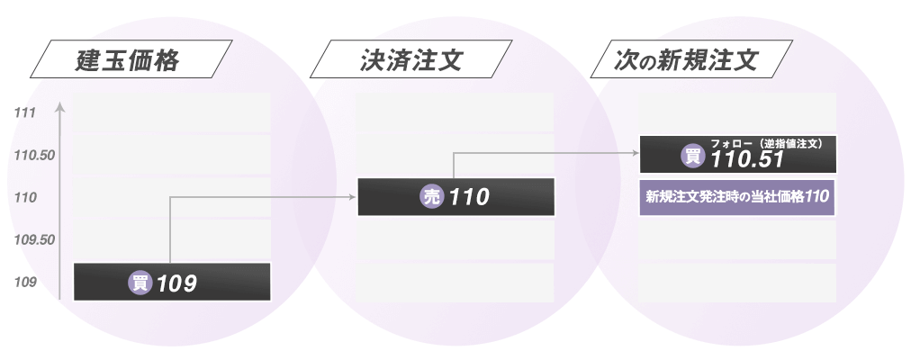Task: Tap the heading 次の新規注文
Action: click(688, 62)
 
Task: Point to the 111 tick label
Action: click(25, 113)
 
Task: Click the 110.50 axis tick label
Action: click(35, 156)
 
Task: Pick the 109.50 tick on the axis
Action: click(35, 240)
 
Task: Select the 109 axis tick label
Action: click(25, 283)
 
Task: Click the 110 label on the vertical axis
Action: click(25, 198)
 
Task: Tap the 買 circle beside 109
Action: click(140, 283)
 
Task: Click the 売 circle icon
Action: click(432, 197)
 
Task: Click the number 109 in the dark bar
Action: click(176, 283)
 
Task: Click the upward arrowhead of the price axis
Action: click(59, 107)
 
